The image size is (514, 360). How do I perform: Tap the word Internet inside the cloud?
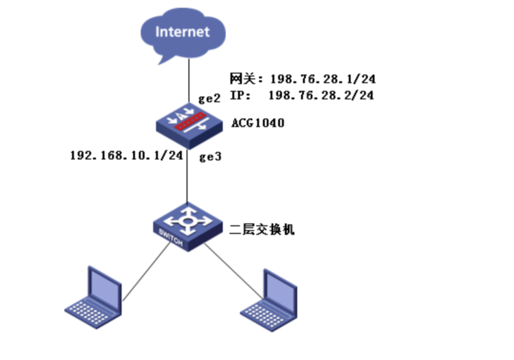point(183,31)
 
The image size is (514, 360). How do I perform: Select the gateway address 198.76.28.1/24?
point(323,80)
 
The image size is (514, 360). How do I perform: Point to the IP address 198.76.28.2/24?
point(321,95)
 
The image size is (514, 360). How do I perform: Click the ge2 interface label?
point(211,100)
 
